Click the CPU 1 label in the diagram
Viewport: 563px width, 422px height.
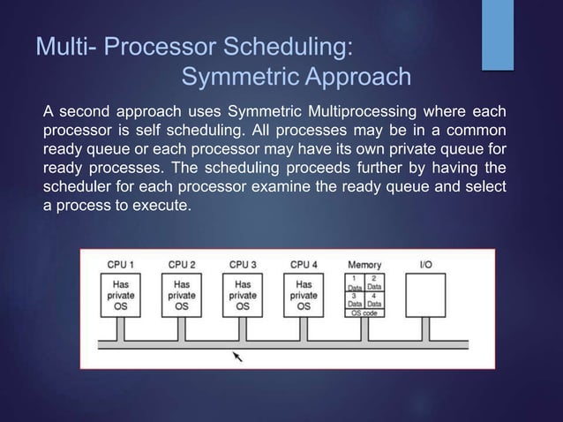pyautogui.click(x=121, y=264)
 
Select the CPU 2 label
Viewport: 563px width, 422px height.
pyautogui.click(x=182, y=264)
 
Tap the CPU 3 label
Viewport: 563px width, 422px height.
pyautogui.click(x=243, y=264)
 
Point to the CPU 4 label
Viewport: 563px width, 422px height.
pyautogui.click(x=304, y=264)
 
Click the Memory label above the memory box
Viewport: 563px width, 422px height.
pyautogui.click(x=364, y=264)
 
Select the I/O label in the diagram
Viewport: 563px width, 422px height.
pyautogui.click(x=425, y=264)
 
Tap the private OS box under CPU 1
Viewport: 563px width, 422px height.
pyautogui.click(x=121, y=295)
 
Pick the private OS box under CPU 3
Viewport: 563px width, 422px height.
pyautogui.click(x=243, y=295)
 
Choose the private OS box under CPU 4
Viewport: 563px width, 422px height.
pyautogui.click(x=304, y=295)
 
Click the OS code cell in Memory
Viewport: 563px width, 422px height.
pyautogui.click(x=364, y=313)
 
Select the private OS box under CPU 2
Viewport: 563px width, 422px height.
pyautogui.click(x=182, y=295)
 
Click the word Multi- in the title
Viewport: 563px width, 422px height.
pyautogui.click(x=66, y=45)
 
